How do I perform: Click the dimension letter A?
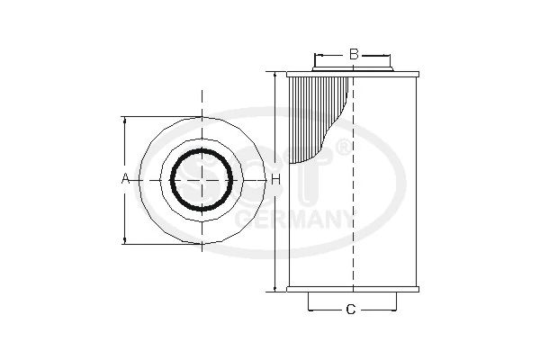pos(125,180)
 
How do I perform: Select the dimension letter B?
pos(354,55)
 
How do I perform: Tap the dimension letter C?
pos(351,310)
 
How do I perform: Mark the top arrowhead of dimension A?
pos(125,121)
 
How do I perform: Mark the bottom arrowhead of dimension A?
pos(125,240)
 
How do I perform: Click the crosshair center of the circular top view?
pos(202,180)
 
